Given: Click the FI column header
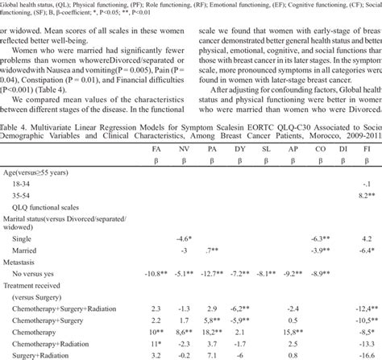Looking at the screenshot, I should tap(366, 150).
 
